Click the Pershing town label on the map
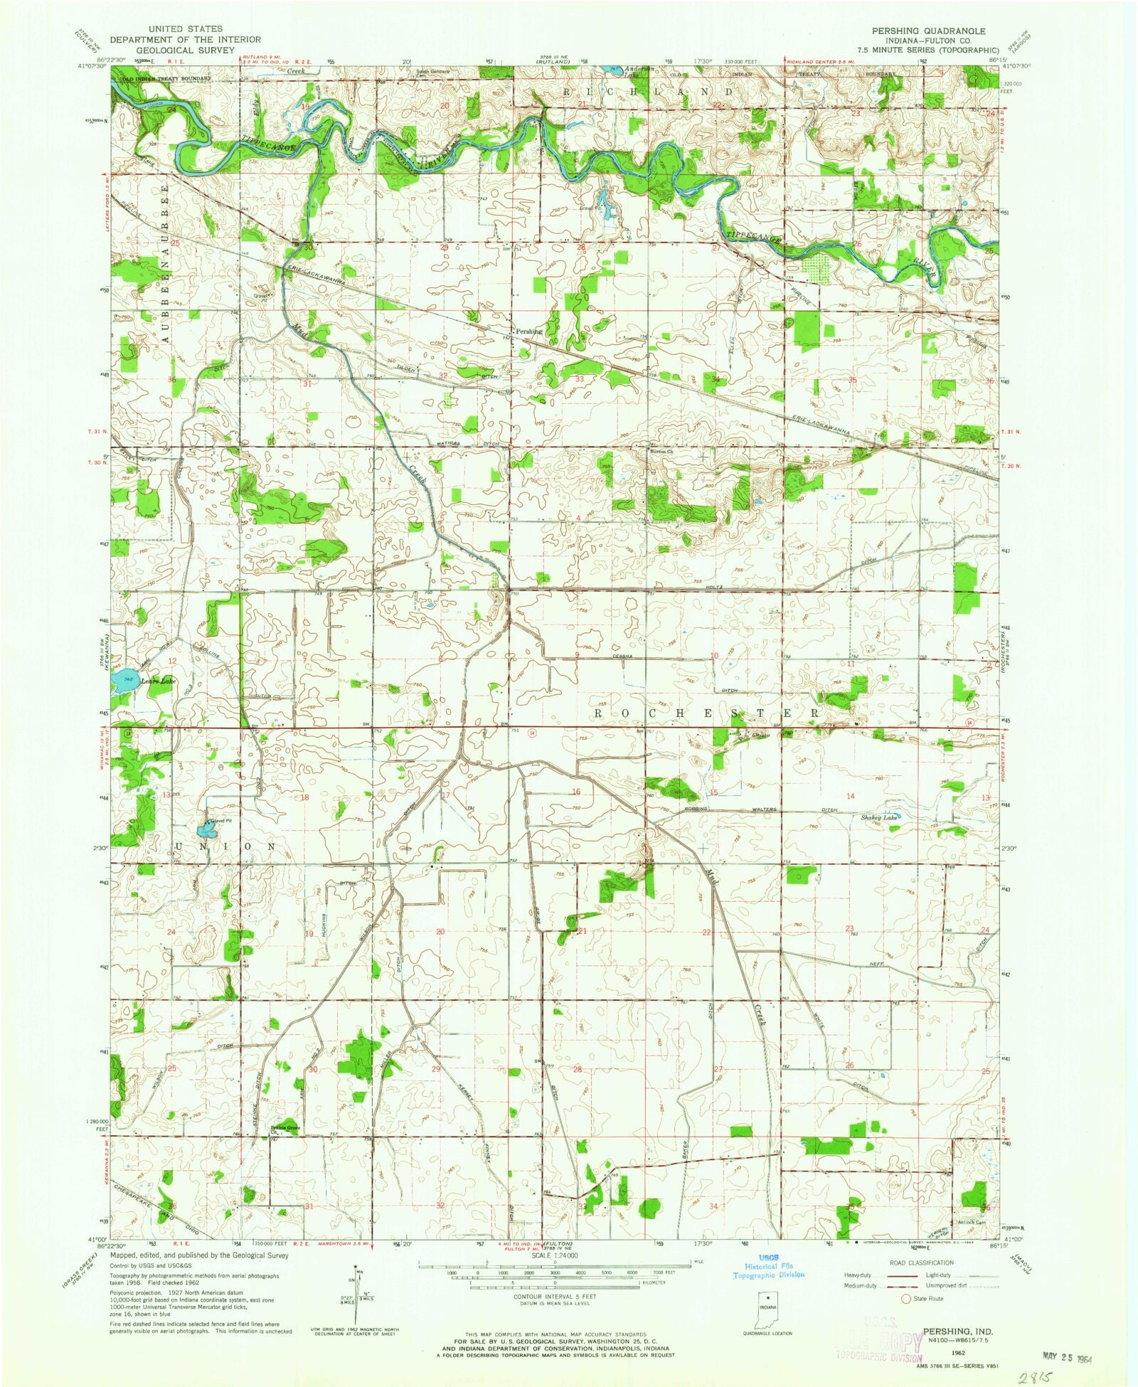click(528, 331)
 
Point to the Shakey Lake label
click(880, 818)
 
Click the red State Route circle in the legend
click(905, 1299)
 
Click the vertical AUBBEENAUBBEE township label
click(166, 264)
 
